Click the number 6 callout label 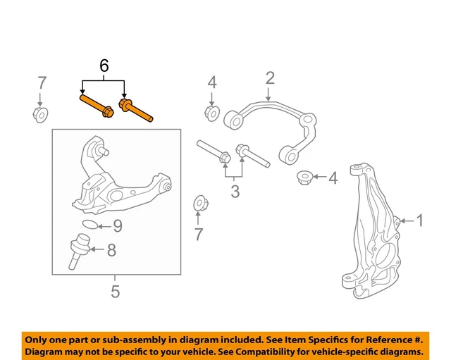tap(104, 67)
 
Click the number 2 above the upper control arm tap(269, 77)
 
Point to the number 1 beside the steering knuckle tap(420, 221)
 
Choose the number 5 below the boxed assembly tap(116, 290)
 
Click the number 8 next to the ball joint tap(111, 249)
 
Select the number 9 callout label tap(117, 226)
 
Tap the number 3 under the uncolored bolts tap(235, 190)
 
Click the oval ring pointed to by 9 tap(88, 225)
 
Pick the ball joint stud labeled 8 tap(76, 254)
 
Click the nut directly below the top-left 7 tap(41, 114)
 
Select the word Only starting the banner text tap(37, 337)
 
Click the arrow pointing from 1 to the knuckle tap(405, 222)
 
